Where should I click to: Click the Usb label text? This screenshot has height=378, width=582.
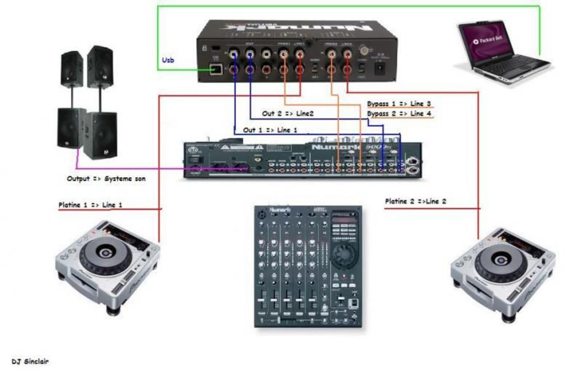pos(168,60)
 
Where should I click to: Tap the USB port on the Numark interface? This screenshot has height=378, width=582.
pos(215,69)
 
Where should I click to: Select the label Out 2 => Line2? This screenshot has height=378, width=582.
pos(287,113)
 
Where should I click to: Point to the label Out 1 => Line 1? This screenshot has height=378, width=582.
pos(270,130)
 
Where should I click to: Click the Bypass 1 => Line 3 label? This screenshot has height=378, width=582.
pos(399,104)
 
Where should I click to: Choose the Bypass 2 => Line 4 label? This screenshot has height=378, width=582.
pos(399,113)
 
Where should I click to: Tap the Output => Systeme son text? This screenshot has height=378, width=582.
pos(106,178)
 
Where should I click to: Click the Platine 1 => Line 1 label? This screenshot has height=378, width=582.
pos(90,205)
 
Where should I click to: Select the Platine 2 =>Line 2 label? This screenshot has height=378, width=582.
pos(415,201)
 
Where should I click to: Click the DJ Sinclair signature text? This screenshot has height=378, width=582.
pos(30,361)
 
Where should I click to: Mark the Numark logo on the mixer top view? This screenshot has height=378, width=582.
pos(280,210)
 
